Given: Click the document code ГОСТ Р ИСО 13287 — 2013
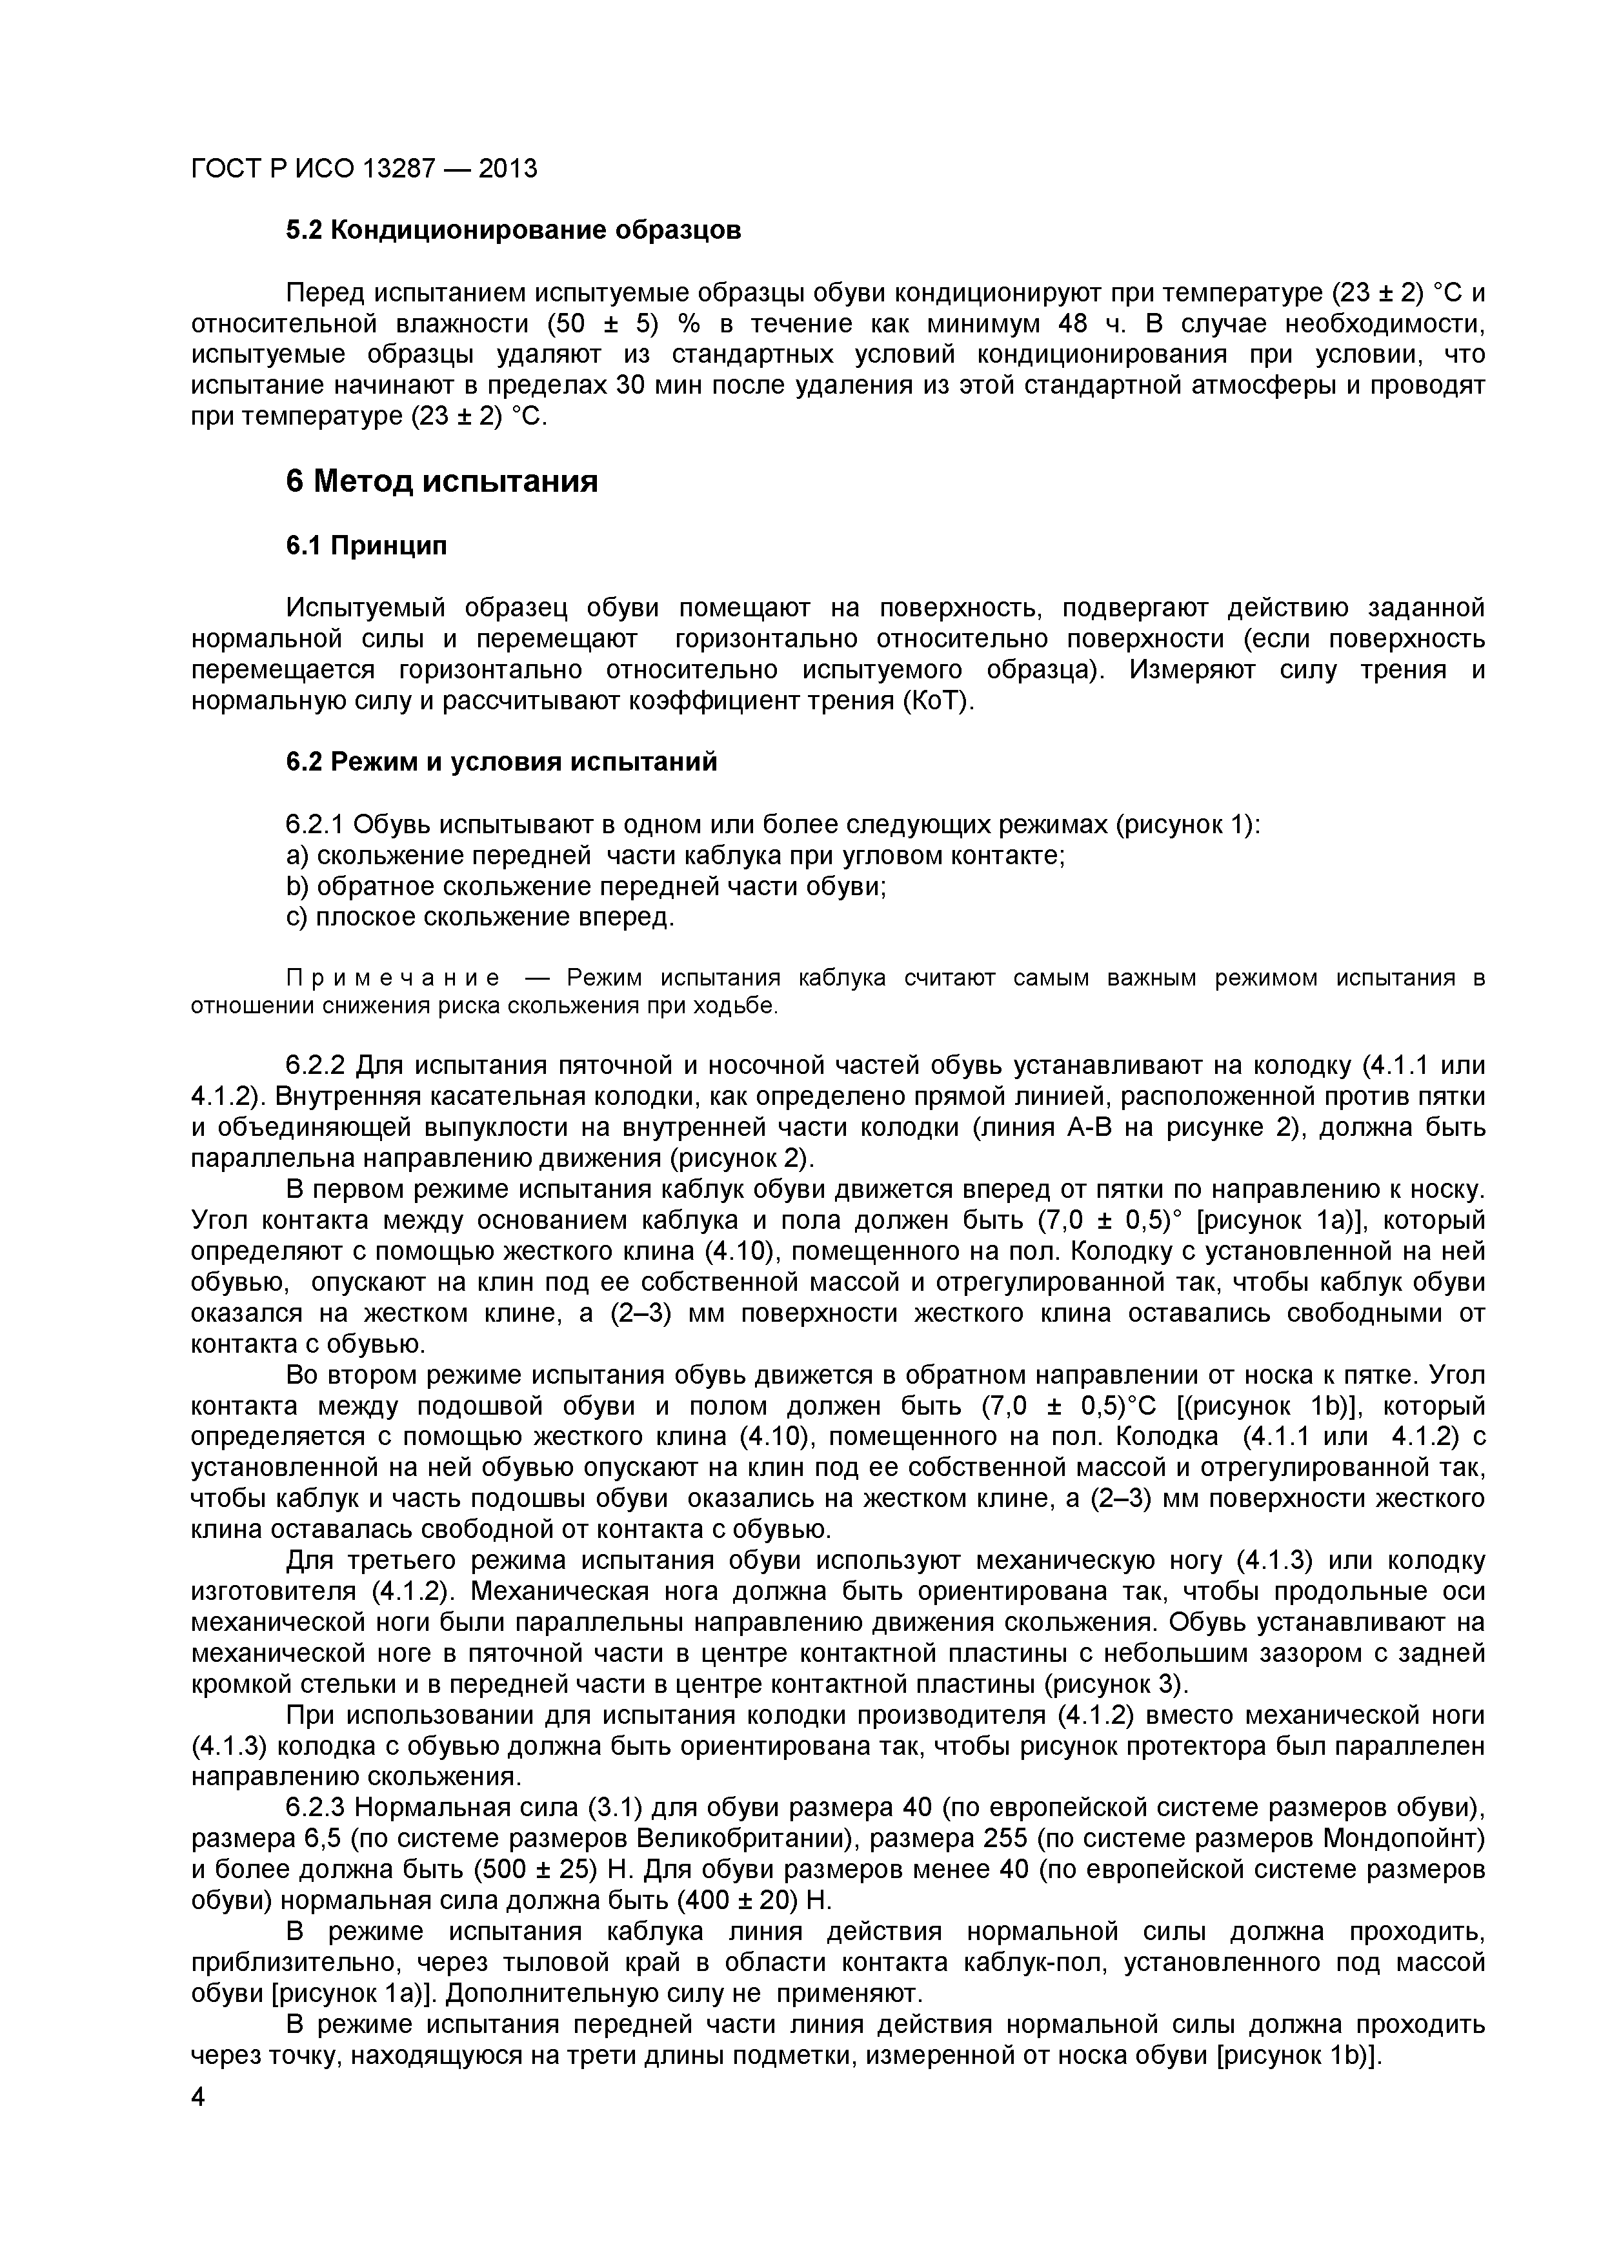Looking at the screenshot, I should (364, 168).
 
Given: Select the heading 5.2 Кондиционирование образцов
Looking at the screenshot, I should (512, 231).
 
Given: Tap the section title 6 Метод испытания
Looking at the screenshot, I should (441, 481).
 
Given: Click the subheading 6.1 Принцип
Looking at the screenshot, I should (366, 545).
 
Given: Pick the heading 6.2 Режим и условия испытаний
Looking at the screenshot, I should (501, 762).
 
